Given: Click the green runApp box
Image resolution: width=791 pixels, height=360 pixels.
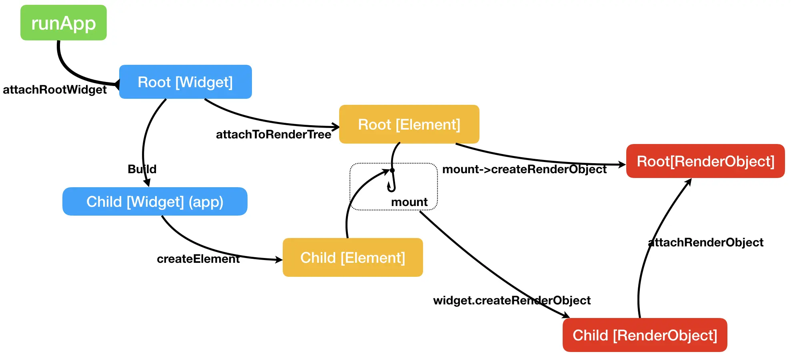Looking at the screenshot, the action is coord(64,22).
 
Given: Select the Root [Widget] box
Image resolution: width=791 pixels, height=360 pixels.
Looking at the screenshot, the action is coord(186,82).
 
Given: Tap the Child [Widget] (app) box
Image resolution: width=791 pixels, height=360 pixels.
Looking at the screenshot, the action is coord(155,201).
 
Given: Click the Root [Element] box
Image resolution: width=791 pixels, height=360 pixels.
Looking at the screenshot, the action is coord(409,124).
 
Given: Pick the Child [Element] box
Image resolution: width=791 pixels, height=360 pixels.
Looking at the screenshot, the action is coord(353,257).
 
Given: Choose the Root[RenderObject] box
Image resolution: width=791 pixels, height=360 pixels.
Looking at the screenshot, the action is coord(705,161).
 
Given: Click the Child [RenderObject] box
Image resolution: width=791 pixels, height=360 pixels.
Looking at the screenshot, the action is coord(645,335).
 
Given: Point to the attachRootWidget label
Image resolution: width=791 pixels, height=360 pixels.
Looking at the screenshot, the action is coord(55,90).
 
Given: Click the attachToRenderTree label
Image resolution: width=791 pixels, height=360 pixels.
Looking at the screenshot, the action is coord(274,134).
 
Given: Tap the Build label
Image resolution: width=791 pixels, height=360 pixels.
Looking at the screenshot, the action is coord(142,169).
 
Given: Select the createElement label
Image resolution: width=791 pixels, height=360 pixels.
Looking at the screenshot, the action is coord(198,259).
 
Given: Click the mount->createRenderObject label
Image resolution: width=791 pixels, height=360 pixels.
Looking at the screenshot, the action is coord(524,169).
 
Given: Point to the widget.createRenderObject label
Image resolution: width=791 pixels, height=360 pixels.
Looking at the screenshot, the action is coord(512,300).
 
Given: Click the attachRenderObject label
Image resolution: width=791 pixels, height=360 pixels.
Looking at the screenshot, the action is coord(705,242).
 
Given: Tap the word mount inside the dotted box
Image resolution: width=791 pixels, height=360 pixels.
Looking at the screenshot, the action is coord(409,202).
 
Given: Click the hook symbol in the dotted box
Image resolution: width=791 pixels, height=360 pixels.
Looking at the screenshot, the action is coord(392,180).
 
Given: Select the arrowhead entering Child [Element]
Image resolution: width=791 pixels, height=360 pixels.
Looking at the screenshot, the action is coord(278,260).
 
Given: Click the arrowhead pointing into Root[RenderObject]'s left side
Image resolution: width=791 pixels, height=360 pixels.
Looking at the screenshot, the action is coord(622,164).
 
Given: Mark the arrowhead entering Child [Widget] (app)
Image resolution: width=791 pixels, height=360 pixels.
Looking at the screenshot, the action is coord(147,182).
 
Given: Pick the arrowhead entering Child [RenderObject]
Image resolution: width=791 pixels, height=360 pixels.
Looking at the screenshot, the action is coord(566,315).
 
